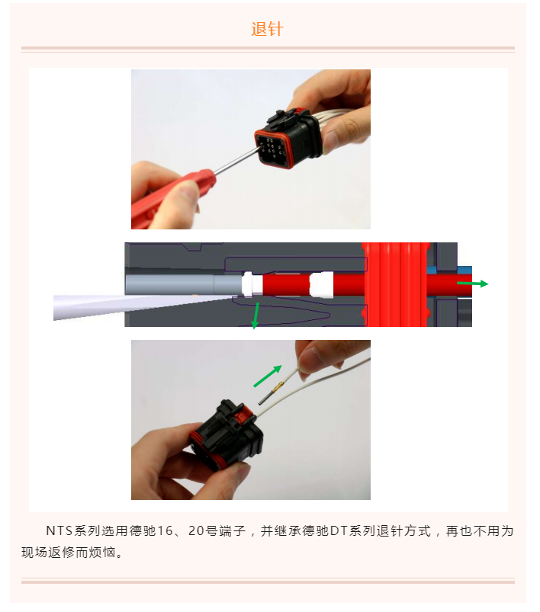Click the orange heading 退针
pos(267,30)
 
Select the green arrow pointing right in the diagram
pos(472,284)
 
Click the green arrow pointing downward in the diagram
pos(256,315)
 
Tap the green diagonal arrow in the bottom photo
pos(268,375)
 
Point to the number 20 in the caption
pos(207,530)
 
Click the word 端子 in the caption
pos(239,530)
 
